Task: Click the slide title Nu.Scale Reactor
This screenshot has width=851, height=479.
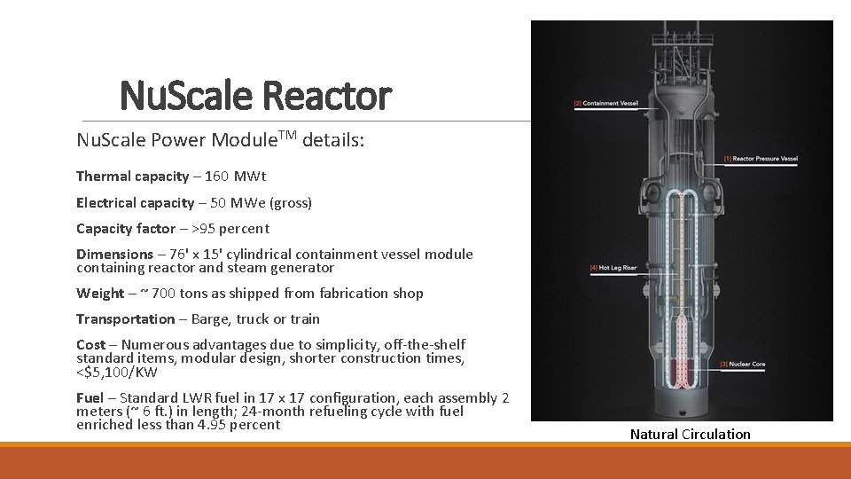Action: click(254, 95)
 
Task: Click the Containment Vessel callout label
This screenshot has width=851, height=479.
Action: click(607, 104)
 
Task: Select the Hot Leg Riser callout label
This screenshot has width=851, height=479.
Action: click(613, 267)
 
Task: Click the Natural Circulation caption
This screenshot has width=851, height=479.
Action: click(690, 435)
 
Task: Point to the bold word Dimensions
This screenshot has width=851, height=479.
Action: click(114, 255)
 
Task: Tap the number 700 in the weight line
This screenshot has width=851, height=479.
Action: click(165, 294)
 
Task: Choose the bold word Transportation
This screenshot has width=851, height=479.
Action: click(126, 319)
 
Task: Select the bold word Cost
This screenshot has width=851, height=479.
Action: click(90, 345)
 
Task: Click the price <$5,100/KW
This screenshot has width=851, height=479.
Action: click(119, 372)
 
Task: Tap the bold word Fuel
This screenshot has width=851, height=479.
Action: click(90, 398)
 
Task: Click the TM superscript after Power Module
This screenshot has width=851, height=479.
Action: click(288, 135)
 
